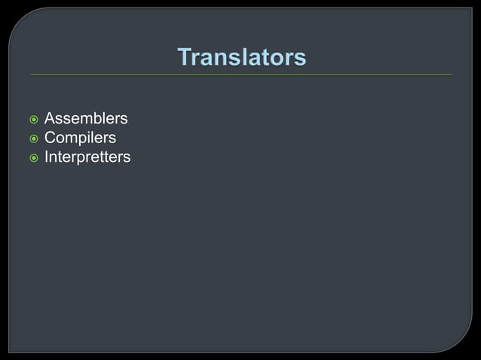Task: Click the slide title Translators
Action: (241, 57)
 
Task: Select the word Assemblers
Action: (86, 119)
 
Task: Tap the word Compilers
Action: (80, 138)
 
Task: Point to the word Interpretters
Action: (87, 157)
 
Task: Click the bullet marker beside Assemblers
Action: (32, 120)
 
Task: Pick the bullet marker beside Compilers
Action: (32, 139)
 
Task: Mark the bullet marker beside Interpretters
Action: (32, 158)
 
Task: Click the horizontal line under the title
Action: (241, 75)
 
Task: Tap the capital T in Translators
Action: (185, 57)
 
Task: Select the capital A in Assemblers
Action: (50, 119)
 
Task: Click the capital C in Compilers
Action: (51, 138)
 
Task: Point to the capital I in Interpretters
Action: (47, 157)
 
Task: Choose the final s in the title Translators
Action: (301, 58)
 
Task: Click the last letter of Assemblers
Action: (124, 119)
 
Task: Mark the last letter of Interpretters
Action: (127, 157)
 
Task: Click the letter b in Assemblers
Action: (98, 119)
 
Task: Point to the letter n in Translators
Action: (222, 58)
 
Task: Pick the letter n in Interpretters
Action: (54, 157)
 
